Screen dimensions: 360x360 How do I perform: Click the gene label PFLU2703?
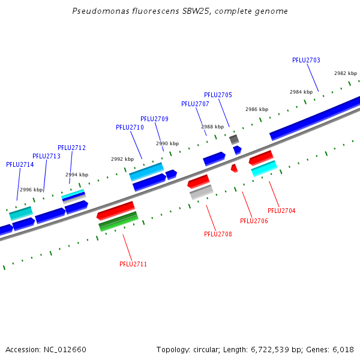click(306, 60)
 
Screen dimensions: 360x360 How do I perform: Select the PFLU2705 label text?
click(218, 95)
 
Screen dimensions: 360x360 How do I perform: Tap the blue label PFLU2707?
click(195, 104)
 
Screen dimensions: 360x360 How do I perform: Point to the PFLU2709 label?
click(154, 119)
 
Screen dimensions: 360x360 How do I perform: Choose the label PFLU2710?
click(130, 127)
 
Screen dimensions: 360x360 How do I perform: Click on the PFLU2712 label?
click(71, 148)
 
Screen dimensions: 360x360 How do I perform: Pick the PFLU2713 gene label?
click(46, 156)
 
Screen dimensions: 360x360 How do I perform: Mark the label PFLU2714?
click(20, 164)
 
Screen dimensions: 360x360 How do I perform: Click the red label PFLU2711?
click(133, 264)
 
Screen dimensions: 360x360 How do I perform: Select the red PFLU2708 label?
click(218, 234)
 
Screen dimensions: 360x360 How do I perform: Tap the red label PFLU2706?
click(254, 221)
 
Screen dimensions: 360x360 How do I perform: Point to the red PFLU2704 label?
click(281, 211)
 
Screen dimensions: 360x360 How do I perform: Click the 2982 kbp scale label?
click(346, 73)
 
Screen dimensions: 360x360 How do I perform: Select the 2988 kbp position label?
click(212, 127)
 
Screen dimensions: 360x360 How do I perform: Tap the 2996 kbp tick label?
click(31, 190)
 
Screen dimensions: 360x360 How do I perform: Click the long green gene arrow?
click(118, 221)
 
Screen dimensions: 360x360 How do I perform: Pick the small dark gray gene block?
click(234, 139)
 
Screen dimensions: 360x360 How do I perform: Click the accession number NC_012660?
click(65, 349)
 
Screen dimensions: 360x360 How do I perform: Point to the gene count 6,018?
click(342, 349)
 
